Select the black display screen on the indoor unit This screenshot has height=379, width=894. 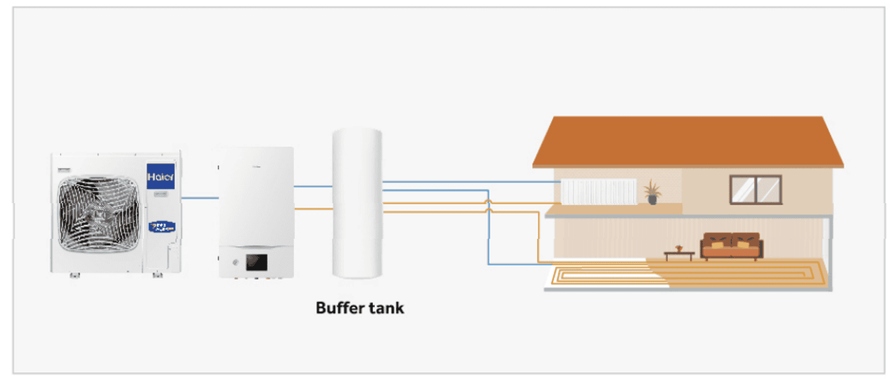pos(256,262)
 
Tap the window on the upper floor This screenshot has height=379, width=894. pos(755,189)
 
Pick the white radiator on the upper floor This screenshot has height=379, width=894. pos(598,191)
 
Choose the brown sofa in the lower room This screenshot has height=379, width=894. pos(731,246)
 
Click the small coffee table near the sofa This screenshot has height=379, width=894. pos(679,253)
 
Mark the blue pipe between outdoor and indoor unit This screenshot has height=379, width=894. pos(200,198)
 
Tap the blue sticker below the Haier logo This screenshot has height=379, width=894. pos(161,227)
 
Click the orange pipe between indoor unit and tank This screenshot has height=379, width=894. pos(313,209)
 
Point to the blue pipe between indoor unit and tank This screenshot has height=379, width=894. pos(313,186)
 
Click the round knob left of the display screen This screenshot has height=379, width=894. pos(237,262)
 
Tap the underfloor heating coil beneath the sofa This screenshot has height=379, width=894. pos(733,273)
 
